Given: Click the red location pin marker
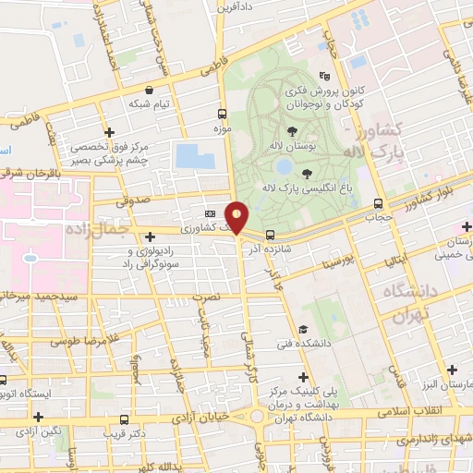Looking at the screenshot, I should [x=237, y=217].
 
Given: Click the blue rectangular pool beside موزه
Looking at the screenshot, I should [x=194, y=155].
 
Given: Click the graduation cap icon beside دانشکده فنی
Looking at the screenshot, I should [x=302, y=330].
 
